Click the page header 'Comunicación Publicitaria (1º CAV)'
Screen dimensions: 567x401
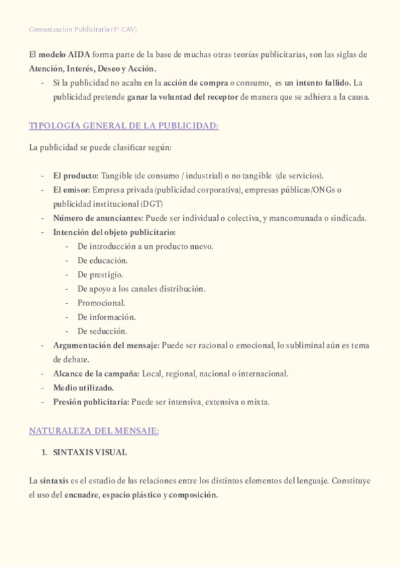point(84,29)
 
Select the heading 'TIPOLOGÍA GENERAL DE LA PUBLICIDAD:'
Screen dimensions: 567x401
point(124,126)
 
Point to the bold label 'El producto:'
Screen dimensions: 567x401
point(76,176)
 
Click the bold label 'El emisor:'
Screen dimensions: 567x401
point(72,190)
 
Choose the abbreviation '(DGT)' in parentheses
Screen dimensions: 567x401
point(152,204)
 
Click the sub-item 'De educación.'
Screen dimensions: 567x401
point(102,260)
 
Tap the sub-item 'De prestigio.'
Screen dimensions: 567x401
point(100,274)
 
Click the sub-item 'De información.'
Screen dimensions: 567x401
point(106,317)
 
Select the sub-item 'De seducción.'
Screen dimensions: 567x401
point(102,331)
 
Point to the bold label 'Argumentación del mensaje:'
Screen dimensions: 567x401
point(106,346)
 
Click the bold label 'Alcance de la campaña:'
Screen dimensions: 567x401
point(96,374)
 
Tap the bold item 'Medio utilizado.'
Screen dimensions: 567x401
point(84,388)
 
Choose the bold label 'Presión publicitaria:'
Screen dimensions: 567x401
point(91,402)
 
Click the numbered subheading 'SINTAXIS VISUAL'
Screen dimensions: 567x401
point(90,453)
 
